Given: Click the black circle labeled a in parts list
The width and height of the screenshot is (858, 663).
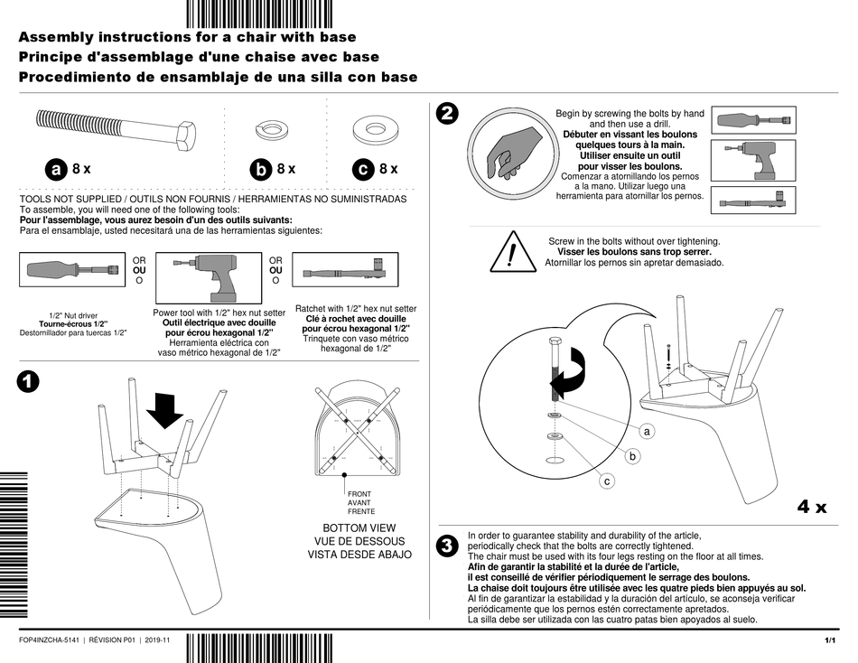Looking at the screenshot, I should (x=57, y=169).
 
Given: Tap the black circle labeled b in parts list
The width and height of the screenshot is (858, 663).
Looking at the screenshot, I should (x=261, y=169).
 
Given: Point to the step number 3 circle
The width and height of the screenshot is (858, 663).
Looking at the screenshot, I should (x=446, y=546).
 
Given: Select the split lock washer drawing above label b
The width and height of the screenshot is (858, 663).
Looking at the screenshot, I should (x=268, y=128).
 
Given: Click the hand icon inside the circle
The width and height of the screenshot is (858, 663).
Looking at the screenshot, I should (x=508, y=148).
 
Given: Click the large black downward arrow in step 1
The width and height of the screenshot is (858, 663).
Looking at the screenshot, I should (x=164, y=411).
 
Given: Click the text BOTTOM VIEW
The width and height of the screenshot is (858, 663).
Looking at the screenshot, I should (x=359, y=528).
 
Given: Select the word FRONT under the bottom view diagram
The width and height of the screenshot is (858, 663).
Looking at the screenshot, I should (x=359, y=494).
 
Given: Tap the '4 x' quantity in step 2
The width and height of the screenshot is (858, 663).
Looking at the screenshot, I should (x=811, y=507).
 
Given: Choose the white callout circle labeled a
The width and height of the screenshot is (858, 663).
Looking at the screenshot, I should (x=648, y=433).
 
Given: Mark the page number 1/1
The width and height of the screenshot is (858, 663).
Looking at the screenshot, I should (x=830, y=640).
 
